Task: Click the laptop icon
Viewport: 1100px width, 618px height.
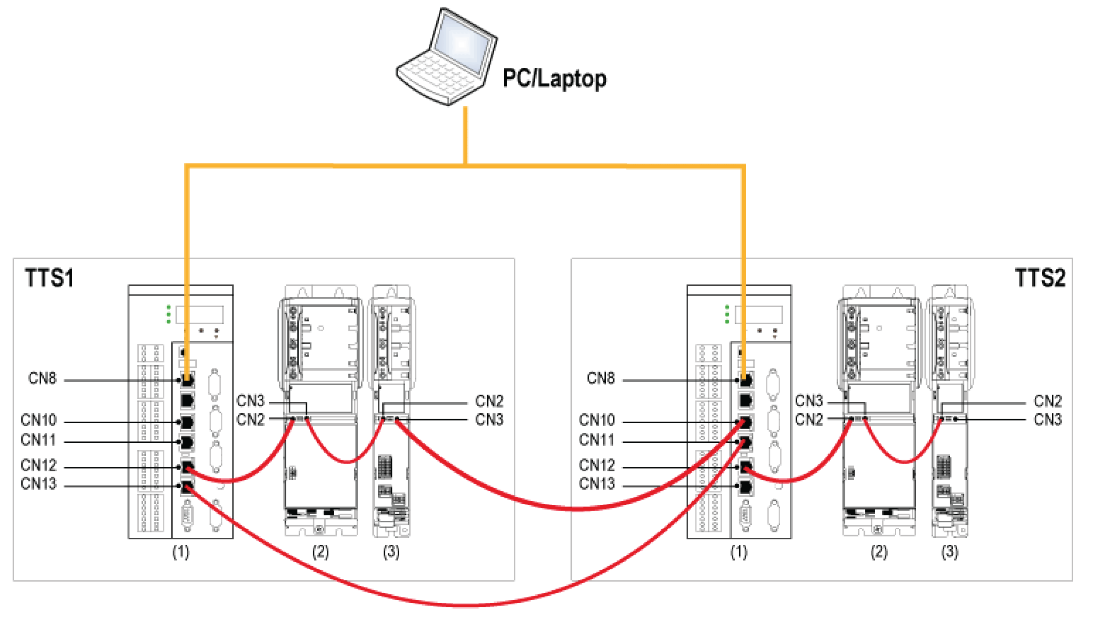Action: (447, 57)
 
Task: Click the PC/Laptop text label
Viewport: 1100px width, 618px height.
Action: (554, 79)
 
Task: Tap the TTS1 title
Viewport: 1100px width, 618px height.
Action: (49, 278)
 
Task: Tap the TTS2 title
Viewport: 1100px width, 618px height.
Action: (1040, 278)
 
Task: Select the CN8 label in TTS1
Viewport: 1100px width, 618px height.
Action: (42, 379)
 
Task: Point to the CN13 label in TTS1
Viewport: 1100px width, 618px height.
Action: (39, 484)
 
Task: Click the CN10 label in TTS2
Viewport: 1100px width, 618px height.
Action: (596, 420)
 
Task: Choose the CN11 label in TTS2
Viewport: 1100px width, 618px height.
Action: (596, 440)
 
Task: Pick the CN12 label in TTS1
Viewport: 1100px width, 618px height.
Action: (39, 466)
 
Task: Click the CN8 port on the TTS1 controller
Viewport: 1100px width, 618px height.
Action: (187, 380)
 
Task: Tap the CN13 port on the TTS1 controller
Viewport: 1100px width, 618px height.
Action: (187, 486)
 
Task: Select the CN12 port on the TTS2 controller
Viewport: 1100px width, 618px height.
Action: (745, 467)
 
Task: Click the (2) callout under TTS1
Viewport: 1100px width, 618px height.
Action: (320, 552)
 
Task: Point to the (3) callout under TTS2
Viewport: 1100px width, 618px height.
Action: (949, 552)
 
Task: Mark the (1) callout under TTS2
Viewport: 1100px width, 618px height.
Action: (739, 552)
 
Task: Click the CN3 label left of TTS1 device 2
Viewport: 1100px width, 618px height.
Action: (250, 401)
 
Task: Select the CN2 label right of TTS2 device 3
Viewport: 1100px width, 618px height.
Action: (1047, 401)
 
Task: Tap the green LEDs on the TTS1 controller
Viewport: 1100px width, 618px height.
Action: (169, 314)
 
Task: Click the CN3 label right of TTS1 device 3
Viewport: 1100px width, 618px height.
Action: (489, 420)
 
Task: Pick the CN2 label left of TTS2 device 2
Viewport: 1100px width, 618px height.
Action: (808, 420)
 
